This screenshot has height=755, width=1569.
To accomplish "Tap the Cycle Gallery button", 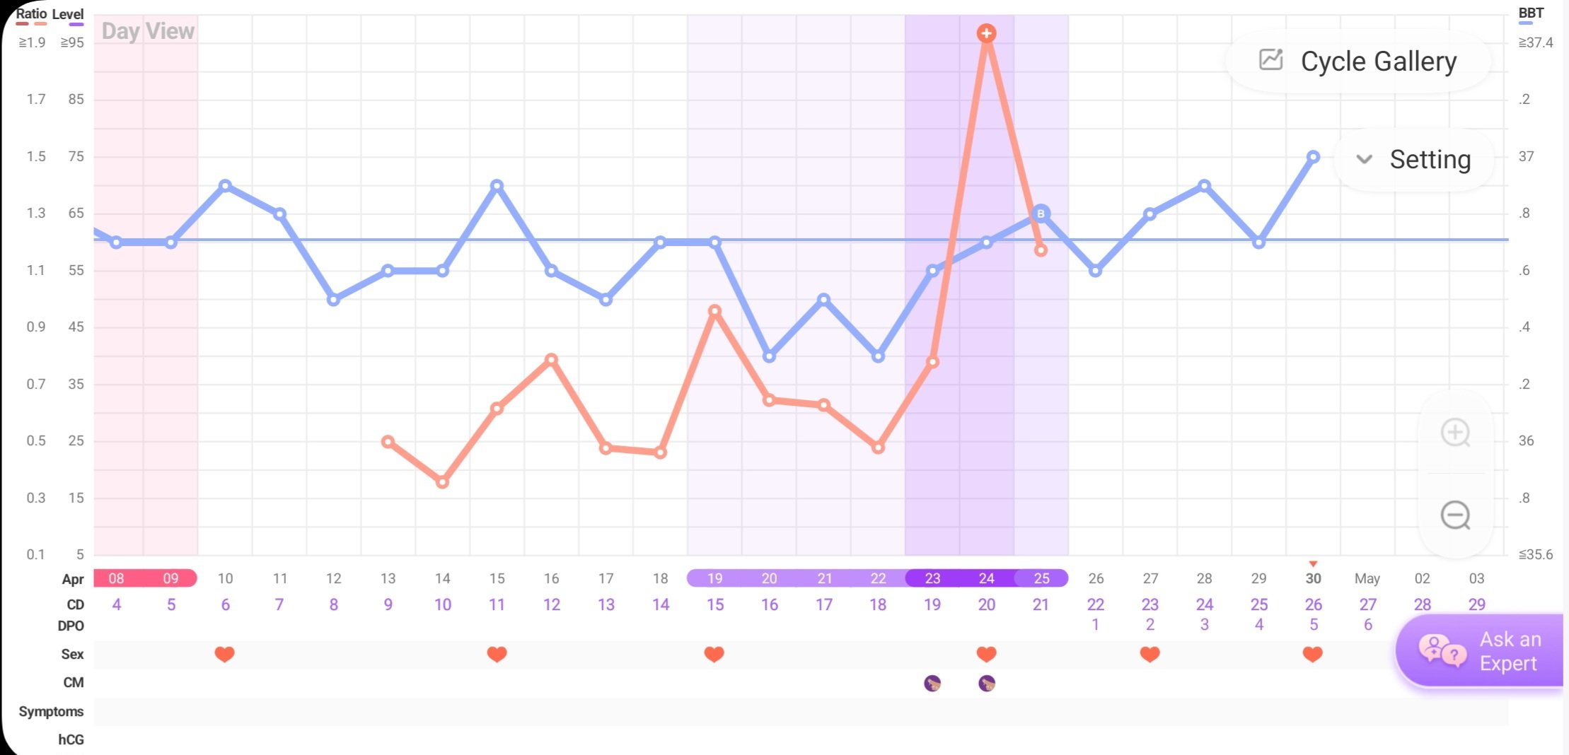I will pos(1358,62).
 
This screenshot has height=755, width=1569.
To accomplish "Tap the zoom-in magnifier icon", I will pos(1455,433).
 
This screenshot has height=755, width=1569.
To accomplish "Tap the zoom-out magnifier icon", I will pos(1455,515).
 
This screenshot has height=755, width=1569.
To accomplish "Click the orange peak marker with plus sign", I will pos(986,33).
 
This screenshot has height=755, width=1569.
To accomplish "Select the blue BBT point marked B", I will pos(1041,213).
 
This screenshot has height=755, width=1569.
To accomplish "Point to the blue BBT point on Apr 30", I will pos(1313,157).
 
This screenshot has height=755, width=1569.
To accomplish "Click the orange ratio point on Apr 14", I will pos(442,482).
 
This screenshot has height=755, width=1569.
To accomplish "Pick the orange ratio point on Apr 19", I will pos(714,311).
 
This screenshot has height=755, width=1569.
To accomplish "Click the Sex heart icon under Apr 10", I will pos(224,654).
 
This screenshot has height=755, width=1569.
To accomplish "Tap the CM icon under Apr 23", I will pos(932,683).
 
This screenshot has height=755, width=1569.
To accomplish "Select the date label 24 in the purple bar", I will pos(986,578).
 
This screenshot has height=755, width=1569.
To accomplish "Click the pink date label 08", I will pos(116,578).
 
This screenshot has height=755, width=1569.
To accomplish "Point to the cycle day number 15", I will pos(714,604).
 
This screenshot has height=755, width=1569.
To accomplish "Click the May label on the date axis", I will pos(1367,578).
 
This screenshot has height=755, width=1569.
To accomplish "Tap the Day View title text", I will pos(148,31).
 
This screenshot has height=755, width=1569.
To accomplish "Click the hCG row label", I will pos(71,739).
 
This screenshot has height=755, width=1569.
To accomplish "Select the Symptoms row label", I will pos(51,711).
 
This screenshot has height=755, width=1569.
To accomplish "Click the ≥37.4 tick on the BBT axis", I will pos(1535,42).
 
